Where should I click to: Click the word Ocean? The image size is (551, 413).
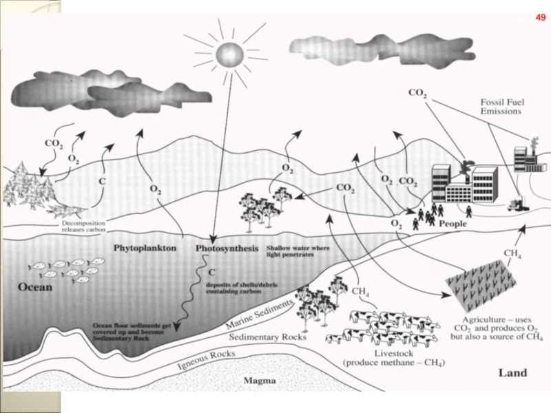pos(34,287)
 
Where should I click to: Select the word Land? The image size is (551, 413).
pos(512,373)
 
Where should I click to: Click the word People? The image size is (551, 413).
pos(453,224)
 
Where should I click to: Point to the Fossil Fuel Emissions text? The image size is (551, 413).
pos(500,105)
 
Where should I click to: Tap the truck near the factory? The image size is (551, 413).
pos(517,203)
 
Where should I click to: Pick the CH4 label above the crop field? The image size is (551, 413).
pos(512,255)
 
